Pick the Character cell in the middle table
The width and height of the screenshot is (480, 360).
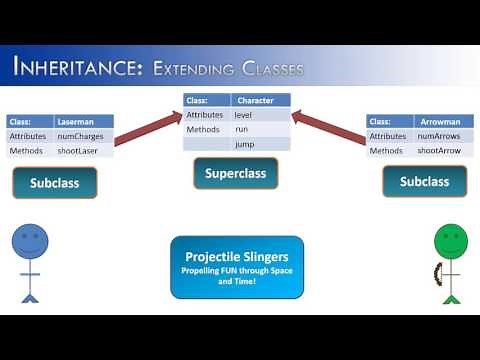pos(260,100)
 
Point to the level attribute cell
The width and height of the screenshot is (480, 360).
pos(260,115)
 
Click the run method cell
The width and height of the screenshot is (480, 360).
pos(260,129)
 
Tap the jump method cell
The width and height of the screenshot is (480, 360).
pos(260,144)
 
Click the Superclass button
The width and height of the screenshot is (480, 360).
pos(235,173)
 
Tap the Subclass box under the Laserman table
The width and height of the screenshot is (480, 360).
pos(55,182)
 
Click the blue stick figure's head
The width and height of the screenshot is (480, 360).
pos(30,241)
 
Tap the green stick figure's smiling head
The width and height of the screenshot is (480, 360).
pos(451,241)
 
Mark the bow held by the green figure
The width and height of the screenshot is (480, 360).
pos(436,273)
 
